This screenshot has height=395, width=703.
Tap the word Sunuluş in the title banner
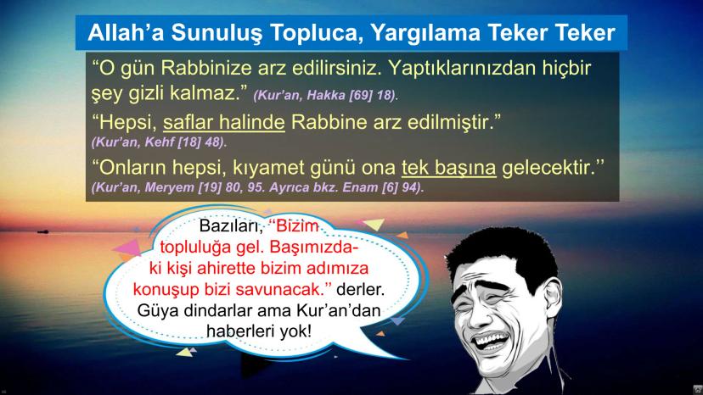217,34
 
